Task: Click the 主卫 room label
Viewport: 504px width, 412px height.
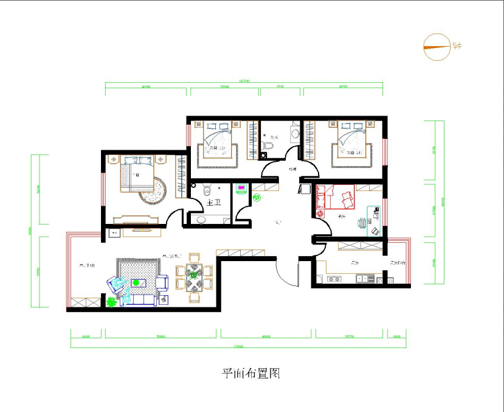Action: point(213,203)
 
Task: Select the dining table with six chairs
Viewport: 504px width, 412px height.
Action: point(194,277)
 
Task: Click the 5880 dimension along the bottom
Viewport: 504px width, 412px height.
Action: point(161,335)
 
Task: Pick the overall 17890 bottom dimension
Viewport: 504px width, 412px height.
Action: point(238,347)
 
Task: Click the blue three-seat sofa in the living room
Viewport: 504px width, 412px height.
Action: point(140,300)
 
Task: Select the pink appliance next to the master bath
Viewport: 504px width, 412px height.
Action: point(241,187)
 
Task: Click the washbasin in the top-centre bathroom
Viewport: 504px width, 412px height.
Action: point(295,134)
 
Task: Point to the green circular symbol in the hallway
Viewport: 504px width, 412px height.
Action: point(256,197)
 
